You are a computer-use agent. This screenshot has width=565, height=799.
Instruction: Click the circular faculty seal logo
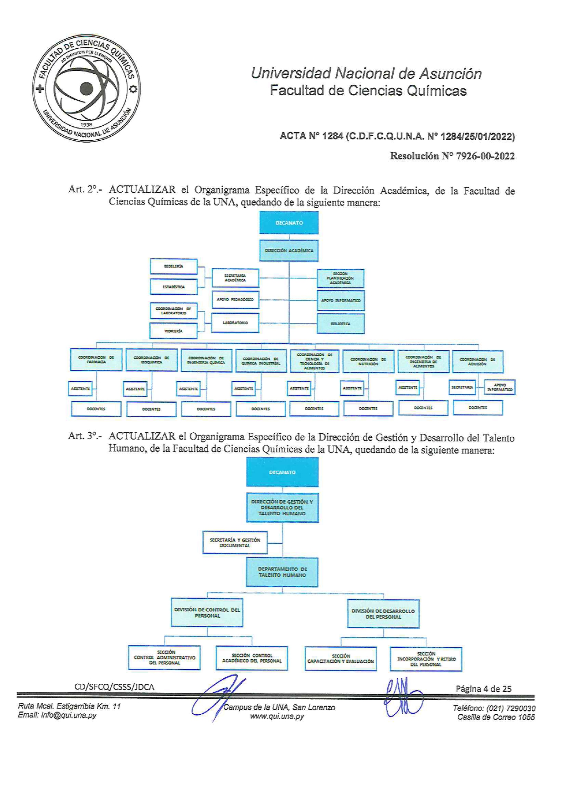pyautogui.click(x=87, y=88)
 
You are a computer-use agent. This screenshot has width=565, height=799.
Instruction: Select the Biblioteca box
pyautogui.click(x=341, y=323)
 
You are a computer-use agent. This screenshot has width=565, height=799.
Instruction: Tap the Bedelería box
pyautogui.click(x=174, y=266)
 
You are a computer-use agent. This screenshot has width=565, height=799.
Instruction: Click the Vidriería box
pyautogui.click(x=174, y=331)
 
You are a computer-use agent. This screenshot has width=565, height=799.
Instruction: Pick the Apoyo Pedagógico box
pyautogui.click(x=235, y=300)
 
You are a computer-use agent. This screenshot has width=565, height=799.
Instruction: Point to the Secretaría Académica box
pyautogui.click(x=235, y=277)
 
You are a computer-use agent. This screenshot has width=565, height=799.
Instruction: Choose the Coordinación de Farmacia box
pyautogui.click(x=96, y=359)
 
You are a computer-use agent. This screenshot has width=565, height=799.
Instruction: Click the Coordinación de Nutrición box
pyautogui.click(x=368, y=361)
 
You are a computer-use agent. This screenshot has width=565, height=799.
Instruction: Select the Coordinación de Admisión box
pyautogui.click(x=478, y=361)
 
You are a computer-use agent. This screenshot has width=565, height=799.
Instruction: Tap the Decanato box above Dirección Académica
pyautogui.click(x=289, y=223)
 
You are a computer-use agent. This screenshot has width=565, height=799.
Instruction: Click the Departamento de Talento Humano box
pyautogui.click(x=282, y=572)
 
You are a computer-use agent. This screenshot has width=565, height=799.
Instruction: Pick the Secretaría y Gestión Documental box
pyautogui.click(x=235, y=543)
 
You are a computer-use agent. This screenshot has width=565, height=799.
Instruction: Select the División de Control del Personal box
pyautogui.click(x=207, y=613)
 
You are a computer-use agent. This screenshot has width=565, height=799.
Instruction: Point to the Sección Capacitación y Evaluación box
pyautogui.click(x=341, y=659)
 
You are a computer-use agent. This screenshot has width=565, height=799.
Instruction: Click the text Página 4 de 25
pyautogui.click(x=483, y=689)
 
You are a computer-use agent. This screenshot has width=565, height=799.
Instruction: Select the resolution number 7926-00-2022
pyautogui.click(x=485, y=156)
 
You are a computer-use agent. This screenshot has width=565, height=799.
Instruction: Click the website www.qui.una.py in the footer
pyautogui.click(x=277, y=716)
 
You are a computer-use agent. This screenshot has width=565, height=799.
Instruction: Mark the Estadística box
pyautogui.click(x=174, y=287)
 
